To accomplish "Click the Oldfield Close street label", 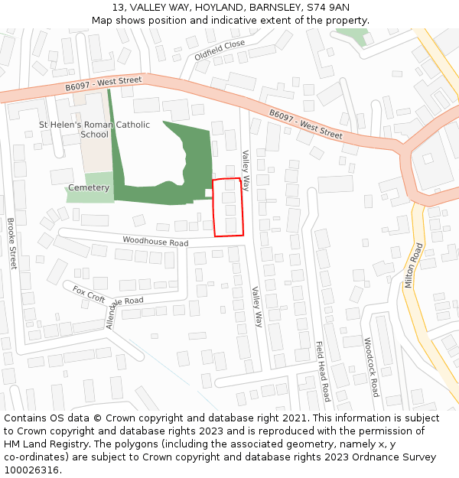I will (220, 50).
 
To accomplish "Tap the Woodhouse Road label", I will (155, 242).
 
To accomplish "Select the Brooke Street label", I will (11, 243).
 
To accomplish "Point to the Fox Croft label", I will (89, 294).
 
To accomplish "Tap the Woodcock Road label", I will (371, 367).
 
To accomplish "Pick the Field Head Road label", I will (323, 371).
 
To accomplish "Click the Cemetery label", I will (89, 187).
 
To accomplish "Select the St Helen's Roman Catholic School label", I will (95, 129).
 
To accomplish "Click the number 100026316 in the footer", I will (30, 470).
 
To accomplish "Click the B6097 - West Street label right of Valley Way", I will (305, 123).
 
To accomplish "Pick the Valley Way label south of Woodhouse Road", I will (257, 307).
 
